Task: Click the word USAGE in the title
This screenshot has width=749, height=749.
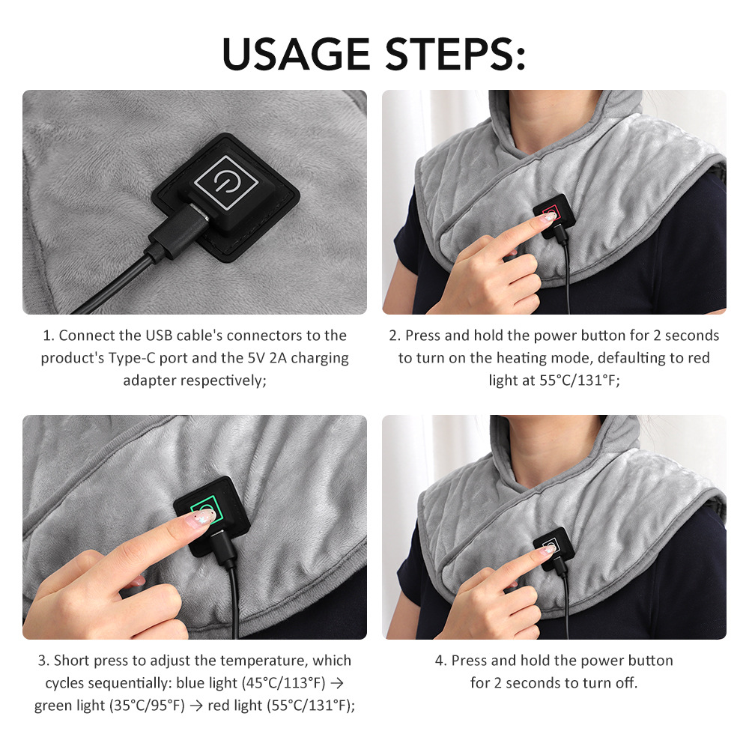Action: click(296, 53)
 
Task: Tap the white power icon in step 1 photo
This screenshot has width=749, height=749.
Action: click(225, 182)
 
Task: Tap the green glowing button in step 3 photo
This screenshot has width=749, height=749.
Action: click(206, 507)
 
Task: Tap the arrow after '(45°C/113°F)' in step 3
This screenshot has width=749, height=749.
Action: click(337, 683)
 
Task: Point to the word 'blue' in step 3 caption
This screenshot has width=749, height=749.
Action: click(190, 682)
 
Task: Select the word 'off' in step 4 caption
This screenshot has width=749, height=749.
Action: click(625, 682)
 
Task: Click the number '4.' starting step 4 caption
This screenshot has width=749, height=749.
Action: click(440, 661)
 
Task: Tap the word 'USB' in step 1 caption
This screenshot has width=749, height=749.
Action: click(159, 336)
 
